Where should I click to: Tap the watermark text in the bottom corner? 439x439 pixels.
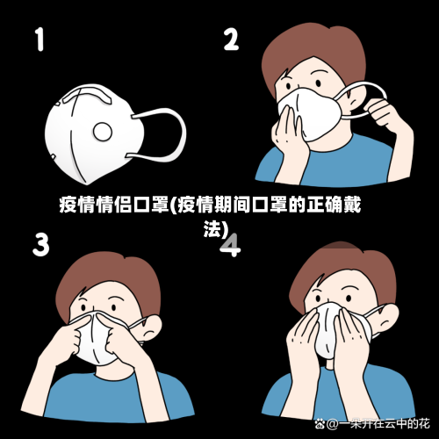pyautogui.click(x=378, y=425)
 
